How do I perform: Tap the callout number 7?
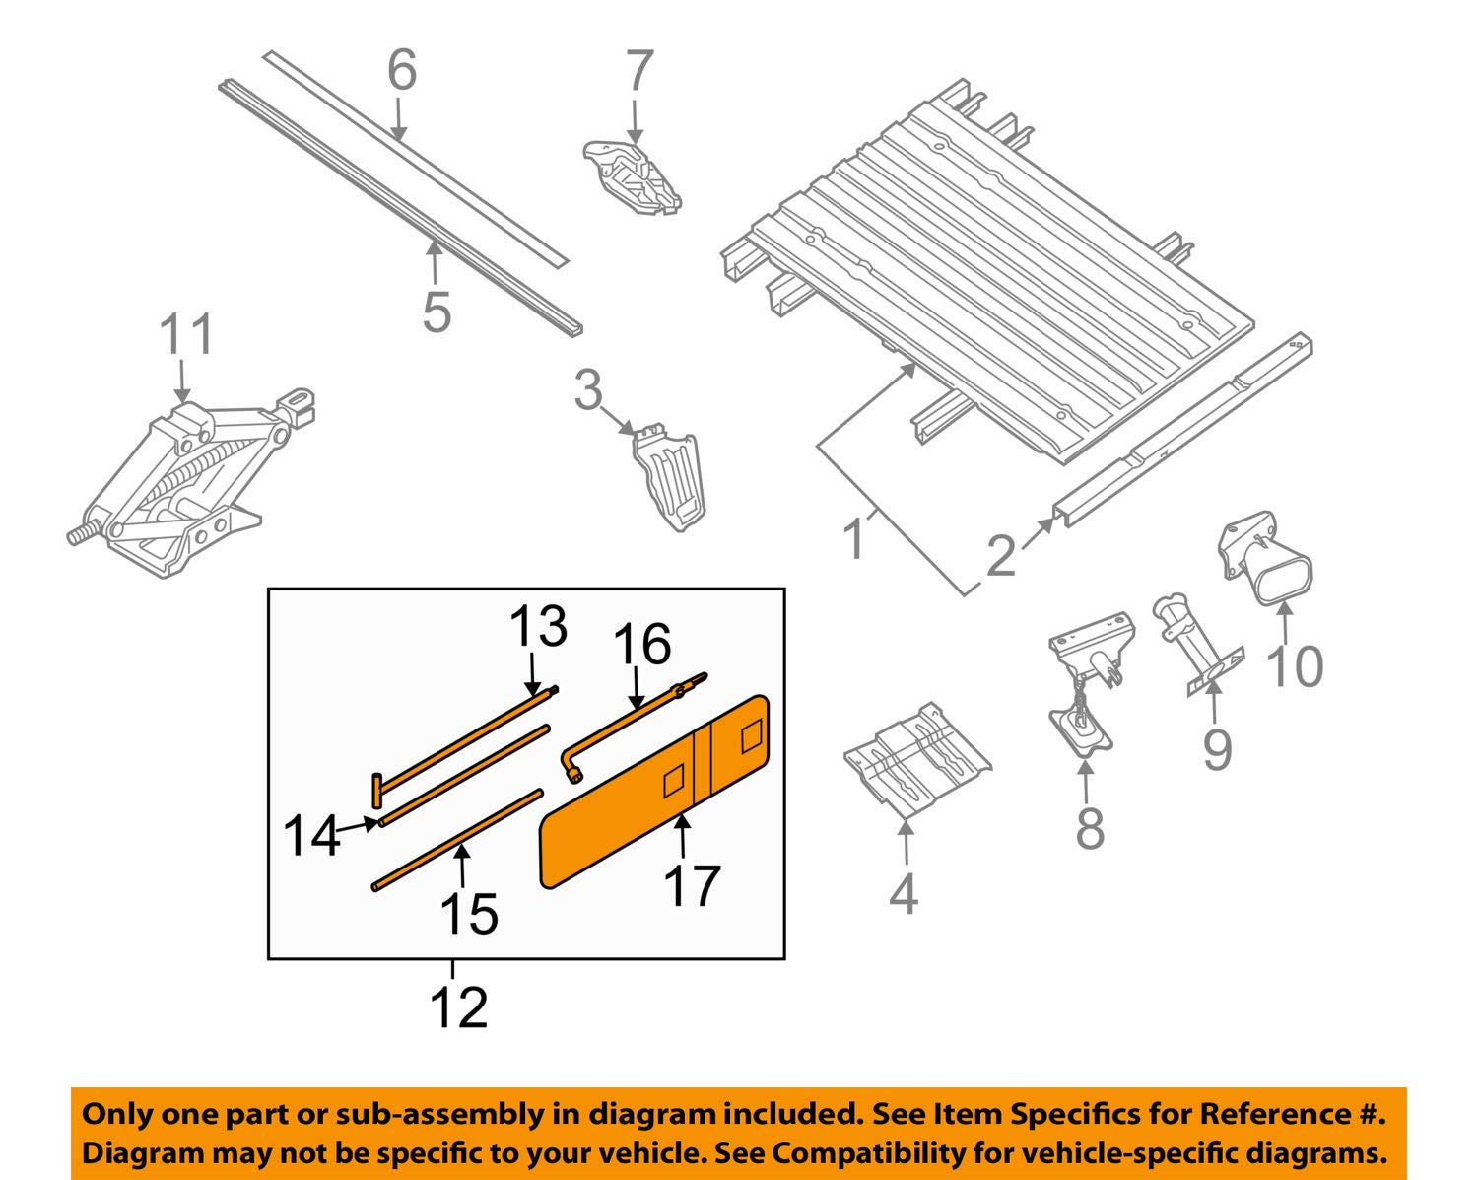click(639, 72)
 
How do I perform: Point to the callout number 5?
click(436, 311)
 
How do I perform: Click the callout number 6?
click(401, 72)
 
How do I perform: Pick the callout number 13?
click(538, 626)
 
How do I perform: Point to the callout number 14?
click(310, 837)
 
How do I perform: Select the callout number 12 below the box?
click(459, 1007)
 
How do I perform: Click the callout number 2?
click(1000, 556)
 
